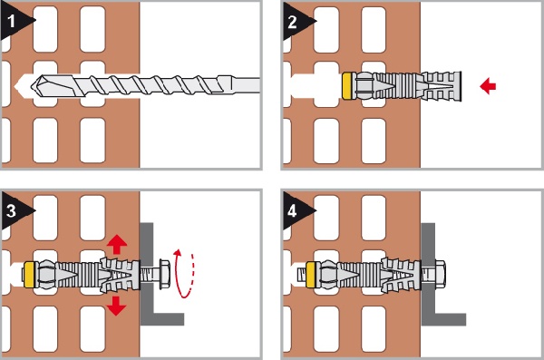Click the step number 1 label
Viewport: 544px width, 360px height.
point(11,22)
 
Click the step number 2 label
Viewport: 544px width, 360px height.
point(293,23)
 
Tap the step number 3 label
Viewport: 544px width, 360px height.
point(11,210)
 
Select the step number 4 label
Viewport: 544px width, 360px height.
point(293,211)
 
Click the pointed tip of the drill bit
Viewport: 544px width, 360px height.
point(32,85)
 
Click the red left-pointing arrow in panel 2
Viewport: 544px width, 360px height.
point(488,86)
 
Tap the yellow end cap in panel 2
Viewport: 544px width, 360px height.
point(346,86)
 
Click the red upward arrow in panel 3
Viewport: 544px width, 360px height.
point(117,244)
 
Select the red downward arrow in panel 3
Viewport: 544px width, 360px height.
point(116,306)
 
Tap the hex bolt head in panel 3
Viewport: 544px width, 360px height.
point(164,274)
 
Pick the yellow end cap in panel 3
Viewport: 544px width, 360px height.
point(30,275)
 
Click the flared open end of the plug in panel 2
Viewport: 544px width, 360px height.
point(442,86)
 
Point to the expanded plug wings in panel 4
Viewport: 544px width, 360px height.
point(400,276)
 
